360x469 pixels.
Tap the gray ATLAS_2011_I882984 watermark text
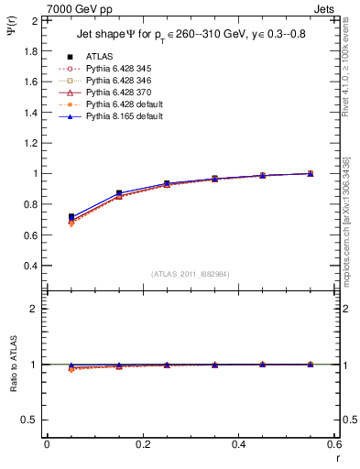(x=191, y=274)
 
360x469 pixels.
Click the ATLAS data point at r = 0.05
(x=71, y=217)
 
